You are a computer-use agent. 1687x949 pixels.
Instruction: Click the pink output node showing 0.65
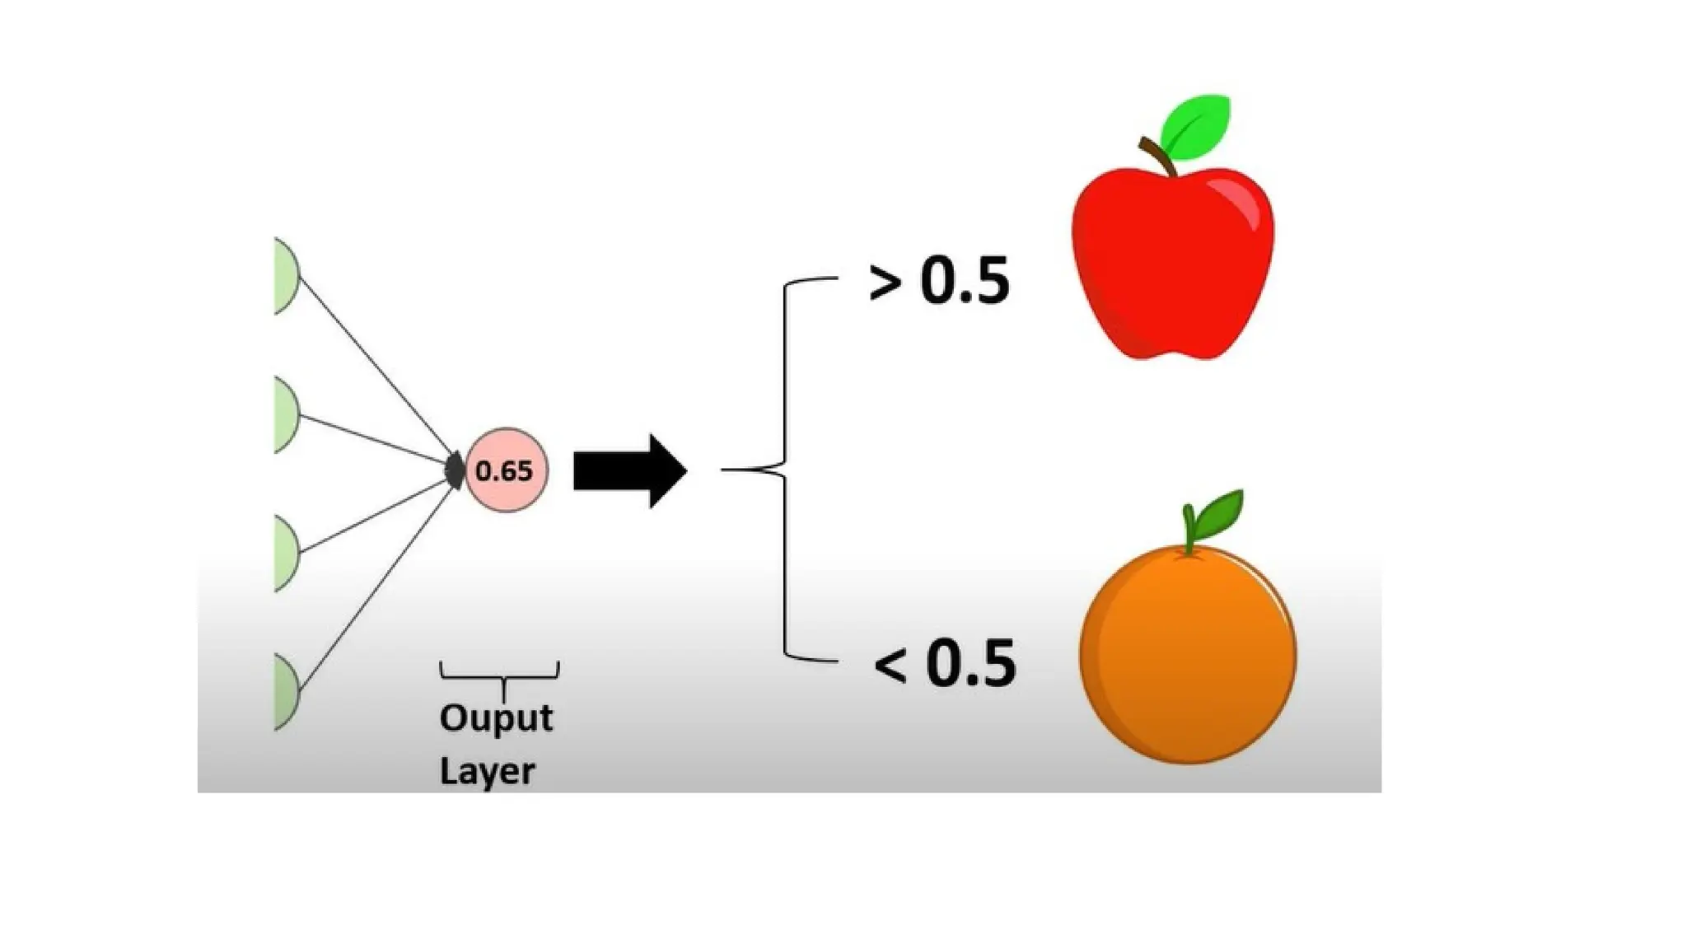[506, 470]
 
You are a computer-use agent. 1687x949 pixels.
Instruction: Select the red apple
[1172, 264]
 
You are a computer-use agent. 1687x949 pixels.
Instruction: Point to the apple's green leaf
[1197, 127]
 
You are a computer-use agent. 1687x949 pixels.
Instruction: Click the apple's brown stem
[1157, 157]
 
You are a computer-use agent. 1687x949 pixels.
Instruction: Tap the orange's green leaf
[1219, 512]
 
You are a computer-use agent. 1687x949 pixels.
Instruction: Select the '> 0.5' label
[939, 282]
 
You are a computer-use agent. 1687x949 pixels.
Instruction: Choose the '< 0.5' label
[945, 664]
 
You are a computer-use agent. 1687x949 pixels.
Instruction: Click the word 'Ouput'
[496, 718]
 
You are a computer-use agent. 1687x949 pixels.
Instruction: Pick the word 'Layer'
[487, 772]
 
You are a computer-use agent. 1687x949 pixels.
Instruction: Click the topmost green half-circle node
[285, 276]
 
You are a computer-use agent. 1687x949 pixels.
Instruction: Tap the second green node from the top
[285, 414]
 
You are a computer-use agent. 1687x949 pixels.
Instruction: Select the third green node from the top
[285, 553]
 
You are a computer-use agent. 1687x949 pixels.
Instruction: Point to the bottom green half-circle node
[285, 692]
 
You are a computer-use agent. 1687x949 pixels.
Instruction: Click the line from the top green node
[375, 368]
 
